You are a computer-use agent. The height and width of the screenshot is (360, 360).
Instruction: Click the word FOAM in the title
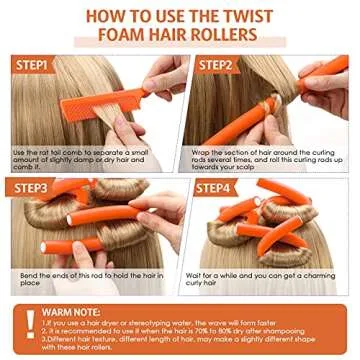click(x=122, y=37)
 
